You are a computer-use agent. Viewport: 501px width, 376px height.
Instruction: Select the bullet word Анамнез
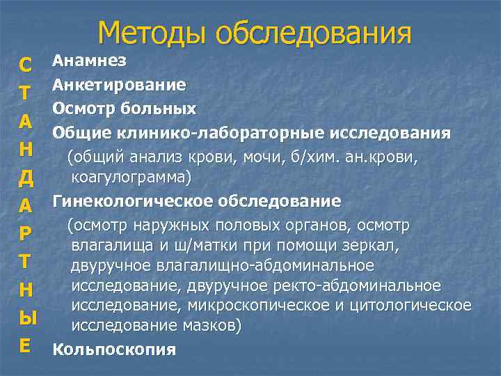(x=89, y=61)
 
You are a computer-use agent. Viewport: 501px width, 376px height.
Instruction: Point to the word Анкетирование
(x=119, y=86)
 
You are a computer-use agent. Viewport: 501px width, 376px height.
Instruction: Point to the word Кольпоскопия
(x=114, y=350)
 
